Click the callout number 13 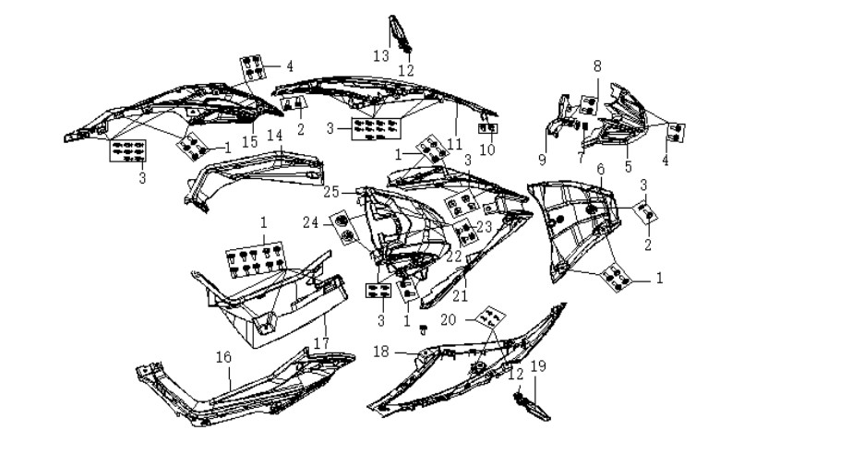(381, 55)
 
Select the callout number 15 (249, 141)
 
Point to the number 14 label (275, 136)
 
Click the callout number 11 (454, 144)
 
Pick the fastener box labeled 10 (487, 128)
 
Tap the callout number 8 (598, 66)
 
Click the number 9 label (542, 160)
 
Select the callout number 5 (629, 166)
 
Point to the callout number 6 (601, 169)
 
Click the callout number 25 (331, 192)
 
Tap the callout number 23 (484, 226)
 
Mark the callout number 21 (460, 296)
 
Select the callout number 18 (381, 351)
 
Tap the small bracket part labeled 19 (533, 407)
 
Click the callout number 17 (322, 342)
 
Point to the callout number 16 (223, 357)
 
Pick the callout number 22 (453, 257)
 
